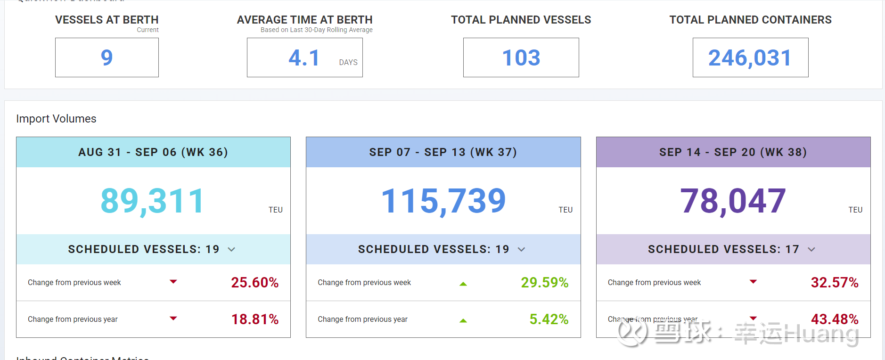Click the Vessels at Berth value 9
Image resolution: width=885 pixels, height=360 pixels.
(107, 58)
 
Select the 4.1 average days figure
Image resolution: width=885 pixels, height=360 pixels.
(304, 58)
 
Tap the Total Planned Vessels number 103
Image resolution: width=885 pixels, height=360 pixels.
(521, 58)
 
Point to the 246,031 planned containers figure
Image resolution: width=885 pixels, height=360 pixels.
(750, 58)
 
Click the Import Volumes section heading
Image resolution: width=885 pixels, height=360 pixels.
(56, 119)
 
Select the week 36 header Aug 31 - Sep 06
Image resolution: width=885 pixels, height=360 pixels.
(153, 152)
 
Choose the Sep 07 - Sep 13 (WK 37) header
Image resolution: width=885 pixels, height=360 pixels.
(443, 152)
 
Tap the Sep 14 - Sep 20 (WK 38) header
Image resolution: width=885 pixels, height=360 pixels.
(733, 152)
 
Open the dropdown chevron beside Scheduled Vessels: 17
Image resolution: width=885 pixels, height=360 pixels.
(811, 249)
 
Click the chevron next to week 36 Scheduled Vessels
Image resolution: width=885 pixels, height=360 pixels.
(231, 249)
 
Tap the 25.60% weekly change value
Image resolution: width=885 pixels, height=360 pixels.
(254, 282)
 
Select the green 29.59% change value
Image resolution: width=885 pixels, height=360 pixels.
(544, 282)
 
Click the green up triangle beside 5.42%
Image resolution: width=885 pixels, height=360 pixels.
(463, 320)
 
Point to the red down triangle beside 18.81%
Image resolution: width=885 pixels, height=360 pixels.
(173, 319)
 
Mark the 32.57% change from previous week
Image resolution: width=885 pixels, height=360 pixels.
(834, 282)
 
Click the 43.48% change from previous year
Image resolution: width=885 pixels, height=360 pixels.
(834, 319)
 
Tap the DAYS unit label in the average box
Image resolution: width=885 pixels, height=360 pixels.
(348, 62)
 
